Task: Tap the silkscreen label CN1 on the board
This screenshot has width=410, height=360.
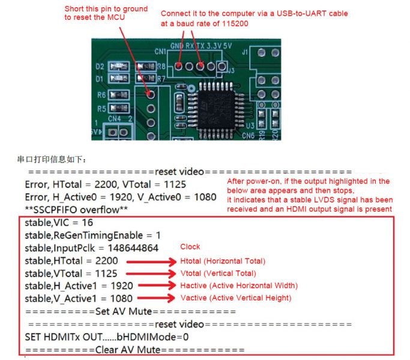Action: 160,51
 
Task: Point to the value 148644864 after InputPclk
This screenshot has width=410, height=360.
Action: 133,248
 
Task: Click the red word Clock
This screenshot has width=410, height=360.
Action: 190,246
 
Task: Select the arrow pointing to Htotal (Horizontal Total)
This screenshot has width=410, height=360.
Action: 151,261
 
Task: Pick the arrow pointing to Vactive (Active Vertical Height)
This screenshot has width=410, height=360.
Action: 156,297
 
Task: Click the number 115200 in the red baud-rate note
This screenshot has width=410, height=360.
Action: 235,23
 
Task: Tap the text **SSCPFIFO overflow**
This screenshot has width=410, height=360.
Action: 76,210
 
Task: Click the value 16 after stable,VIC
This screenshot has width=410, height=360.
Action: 87,222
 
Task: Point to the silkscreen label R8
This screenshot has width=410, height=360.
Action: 161,67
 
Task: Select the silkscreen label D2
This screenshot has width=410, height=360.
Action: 100,67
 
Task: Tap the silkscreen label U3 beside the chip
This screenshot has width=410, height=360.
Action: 250,126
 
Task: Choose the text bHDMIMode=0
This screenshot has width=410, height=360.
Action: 152,337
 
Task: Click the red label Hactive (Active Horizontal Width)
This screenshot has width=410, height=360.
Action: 239,285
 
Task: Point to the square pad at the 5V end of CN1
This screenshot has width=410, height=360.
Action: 222,66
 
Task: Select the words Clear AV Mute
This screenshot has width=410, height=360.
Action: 128,350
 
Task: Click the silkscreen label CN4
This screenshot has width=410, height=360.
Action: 114,118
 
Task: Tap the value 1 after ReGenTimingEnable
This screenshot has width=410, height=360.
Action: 158,236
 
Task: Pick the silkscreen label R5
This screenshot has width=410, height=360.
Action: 101,108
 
